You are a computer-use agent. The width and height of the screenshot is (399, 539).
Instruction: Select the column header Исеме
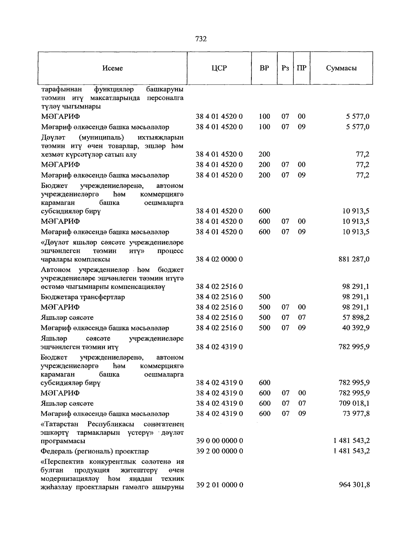click(113, 68)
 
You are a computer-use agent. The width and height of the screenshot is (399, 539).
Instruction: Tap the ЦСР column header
click(219, 68)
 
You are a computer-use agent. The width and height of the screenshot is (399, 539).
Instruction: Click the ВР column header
click(264, 68)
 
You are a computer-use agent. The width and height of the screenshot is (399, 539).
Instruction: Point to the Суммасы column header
click(341, 68)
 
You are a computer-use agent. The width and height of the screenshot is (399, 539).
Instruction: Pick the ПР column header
click(302, 68)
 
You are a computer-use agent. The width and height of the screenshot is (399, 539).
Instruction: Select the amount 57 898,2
click(356, 318)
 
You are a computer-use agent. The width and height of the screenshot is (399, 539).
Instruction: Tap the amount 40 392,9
click(356, 328)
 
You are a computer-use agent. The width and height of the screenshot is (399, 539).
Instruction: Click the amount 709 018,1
click(354, 403)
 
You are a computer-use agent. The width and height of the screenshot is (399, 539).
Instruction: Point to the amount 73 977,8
click(356, 413)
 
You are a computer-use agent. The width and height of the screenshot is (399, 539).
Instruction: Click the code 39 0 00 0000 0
click(219, 441)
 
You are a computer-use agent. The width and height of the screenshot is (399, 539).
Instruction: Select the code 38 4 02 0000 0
click(219, 259)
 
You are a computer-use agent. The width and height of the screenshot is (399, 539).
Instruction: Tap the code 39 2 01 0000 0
click(219, 485)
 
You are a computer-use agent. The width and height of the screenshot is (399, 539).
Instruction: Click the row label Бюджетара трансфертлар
click(83, 297)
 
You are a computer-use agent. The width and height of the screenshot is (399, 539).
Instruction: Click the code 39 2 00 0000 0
click(219, 451)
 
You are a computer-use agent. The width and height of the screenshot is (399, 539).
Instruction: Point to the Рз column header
click(285, 68)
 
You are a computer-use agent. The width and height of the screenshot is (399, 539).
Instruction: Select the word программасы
click(63, 441)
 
